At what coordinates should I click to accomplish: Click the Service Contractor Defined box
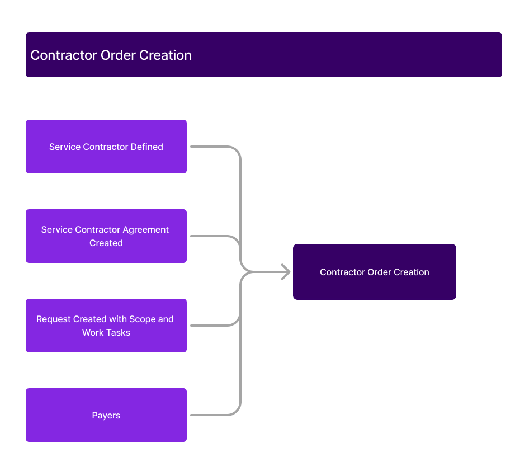106,147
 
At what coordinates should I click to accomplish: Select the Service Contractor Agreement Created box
106,236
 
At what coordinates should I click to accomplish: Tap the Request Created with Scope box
106,326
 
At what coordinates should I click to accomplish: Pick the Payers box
106,415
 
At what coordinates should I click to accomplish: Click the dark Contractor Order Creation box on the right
375,272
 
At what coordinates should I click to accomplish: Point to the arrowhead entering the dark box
286,272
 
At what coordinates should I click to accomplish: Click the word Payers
106,416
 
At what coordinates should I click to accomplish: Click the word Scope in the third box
142,319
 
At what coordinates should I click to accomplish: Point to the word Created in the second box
106,243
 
